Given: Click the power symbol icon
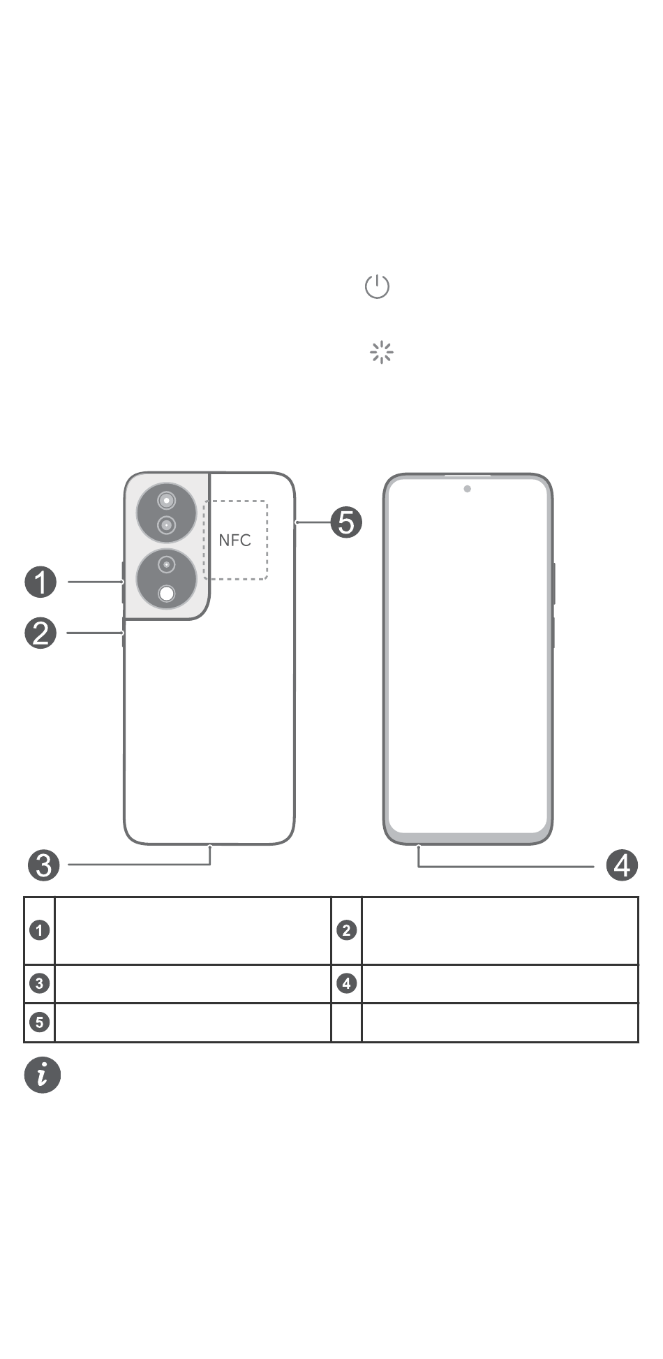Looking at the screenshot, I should click(x=377, y=286).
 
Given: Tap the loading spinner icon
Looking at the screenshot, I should click(x=381, y=353).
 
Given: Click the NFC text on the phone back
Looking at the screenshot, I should click(x=234, y=540).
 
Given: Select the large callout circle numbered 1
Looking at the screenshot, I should click(x=41, y=582).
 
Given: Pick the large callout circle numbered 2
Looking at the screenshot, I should click(x=41, y=633).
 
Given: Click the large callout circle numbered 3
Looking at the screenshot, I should click(x=44, y=865).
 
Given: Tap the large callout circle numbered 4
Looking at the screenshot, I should click(x=622, y=865).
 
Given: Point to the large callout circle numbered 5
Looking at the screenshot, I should click(x=346, y=522).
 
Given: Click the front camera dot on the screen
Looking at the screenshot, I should click(x=467, y=489).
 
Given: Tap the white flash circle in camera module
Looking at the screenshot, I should click(x=167, y=594).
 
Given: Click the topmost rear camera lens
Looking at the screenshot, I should click(x=167, y=501).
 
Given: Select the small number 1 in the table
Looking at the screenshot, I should click(x=40, y=930).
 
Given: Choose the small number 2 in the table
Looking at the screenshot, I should click(x=346, y=930).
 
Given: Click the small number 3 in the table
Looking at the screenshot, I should click(x=40, y=983).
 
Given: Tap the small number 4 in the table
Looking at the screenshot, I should click(x=346, y=983).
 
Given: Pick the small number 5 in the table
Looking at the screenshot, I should click(x=40, y=1022).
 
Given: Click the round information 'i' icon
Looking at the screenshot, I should click(x=43, y=1075).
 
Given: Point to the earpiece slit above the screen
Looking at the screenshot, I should click(x=468, y=476).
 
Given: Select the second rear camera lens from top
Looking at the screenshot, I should click(x=166, y=524).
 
